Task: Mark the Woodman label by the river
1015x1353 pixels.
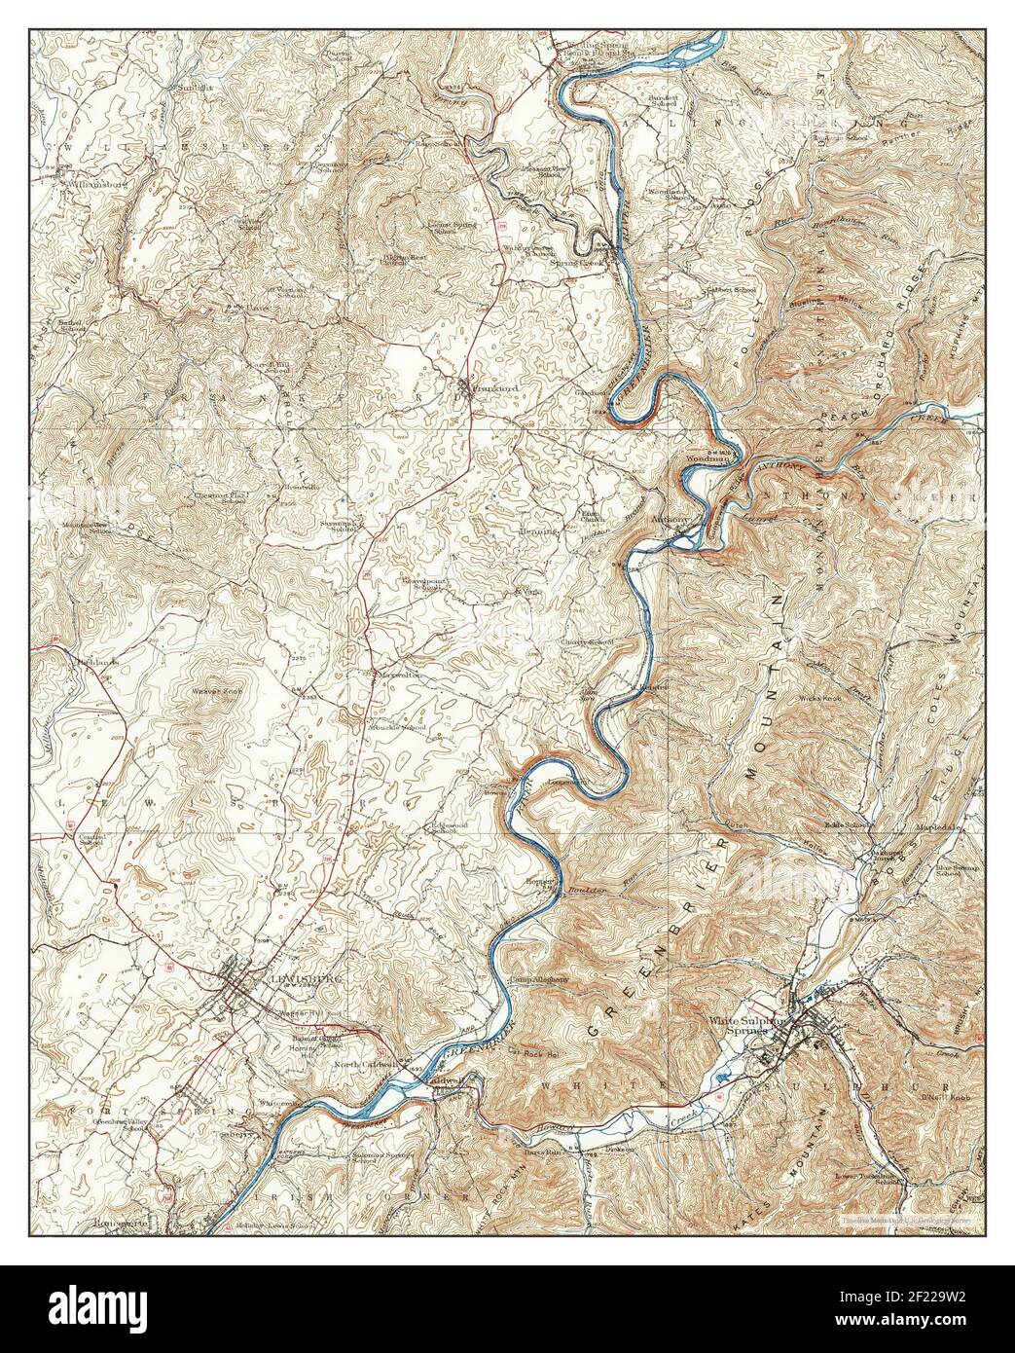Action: tap(707, 458)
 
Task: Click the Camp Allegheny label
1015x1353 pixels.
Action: tap(540, 979)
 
